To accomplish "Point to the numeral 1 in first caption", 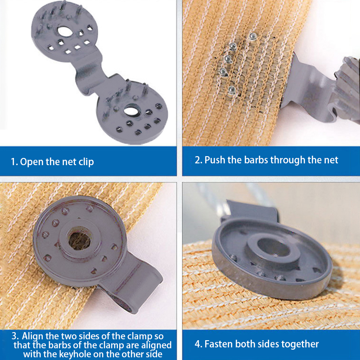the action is [13, 162].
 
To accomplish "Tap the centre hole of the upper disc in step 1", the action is [64, 31].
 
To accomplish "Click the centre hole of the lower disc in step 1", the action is [131, 111].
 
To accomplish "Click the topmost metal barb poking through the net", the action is [252, 36].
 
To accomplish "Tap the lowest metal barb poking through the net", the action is [232, 90].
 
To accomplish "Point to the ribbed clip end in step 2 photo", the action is [345, 89].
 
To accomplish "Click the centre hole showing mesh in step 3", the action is [80, 240].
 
